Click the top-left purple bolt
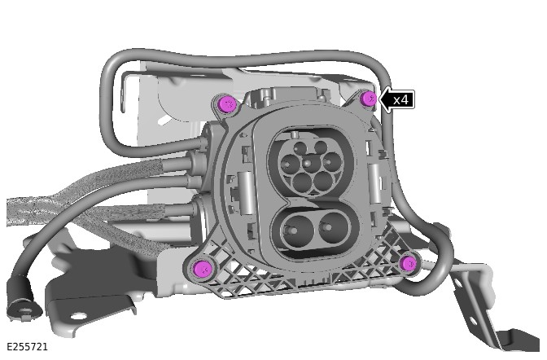tap(227, 103)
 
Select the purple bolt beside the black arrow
tap(369, 98)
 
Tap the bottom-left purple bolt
tap(203, 268)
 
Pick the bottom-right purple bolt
tap(409, 262)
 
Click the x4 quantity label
tap(400, 100)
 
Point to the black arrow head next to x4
tap(386, 100)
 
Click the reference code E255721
tap(27, 347)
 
